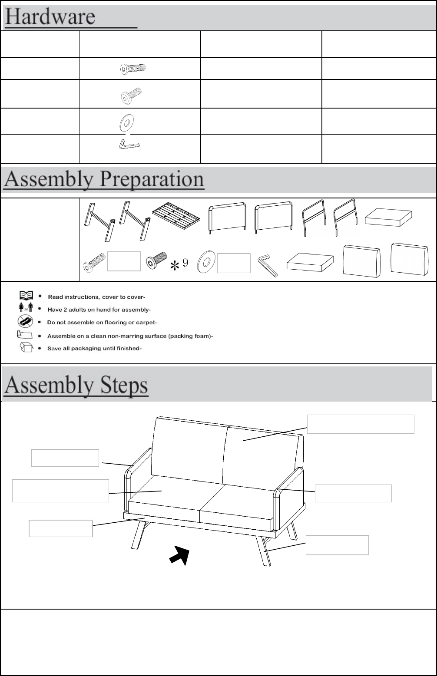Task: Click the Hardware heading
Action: pos(50,17)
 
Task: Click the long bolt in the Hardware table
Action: pos(133,68)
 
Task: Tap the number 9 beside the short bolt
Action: pos(185,263)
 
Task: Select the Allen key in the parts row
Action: pos(268,265)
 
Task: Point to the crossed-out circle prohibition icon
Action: pos(25,322)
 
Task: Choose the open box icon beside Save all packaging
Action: pos(26,348)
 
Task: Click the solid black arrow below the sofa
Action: pos(181,555)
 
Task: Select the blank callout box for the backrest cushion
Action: pos(361,424)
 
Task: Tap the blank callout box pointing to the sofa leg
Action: pos(337,545)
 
